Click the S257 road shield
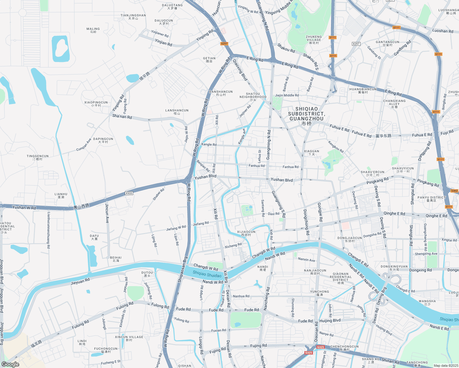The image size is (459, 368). click(x=224, y=44)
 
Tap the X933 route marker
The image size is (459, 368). click(x=129, y=193)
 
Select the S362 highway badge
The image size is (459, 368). click(x=454, y=191)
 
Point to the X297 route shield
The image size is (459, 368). click(x=356, y=44)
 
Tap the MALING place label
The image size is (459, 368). click(x=93, y=30)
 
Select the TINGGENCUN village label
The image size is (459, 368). click(x=37, y=157)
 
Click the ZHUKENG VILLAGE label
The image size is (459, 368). click(x=314, y=40)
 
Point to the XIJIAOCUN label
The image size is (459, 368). click(x=246, y=233)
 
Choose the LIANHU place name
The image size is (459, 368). click(x=61, y=195)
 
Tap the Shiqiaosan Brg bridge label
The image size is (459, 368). click(x=183, y=269)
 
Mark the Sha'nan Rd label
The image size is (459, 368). click(x=122, y=117)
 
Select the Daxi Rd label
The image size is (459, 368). click(x=274, y=214)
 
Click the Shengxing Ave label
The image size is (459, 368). click(x=426, y=254)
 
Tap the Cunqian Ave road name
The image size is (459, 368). click(x=84, y=145)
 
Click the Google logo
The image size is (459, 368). click(x=10, y=364)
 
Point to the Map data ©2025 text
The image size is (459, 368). click(x=445, y=366)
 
